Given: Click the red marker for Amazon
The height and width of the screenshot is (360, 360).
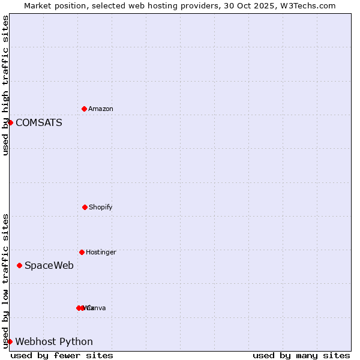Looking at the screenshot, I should point(84,109).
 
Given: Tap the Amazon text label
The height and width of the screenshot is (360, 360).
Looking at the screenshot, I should point(101,109).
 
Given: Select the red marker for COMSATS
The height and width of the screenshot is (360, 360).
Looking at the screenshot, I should point(10,122).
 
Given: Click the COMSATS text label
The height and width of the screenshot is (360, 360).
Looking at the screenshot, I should point(38,123).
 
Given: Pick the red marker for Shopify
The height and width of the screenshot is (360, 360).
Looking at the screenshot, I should point(85,207).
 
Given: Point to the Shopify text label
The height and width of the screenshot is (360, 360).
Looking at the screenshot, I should point(101,208).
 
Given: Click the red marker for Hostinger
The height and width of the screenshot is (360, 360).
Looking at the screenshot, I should point(82,252).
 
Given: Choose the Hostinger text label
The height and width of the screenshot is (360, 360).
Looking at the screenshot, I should point(101,253).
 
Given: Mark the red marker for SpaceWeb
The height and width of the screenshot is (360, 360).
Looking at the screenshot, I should point(19,265).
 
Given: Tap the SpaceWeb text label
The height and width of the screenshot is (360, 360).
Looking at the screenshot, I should point(49,266).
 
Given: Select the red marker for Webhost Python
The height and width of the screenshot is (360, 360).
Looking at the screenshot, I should point(10,341).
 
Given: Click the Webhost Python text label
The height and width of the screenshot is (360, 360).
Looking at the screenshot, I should point(54,342).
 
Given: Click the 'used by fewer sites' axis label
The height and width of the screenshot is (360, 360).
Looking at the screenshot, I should point(62,355).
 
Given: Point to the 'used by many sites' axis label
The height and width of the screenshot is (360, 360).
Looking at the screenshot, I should point(301,355).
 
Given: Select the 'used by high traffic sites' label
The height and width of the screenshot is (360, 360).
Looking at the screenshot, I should point(5,85).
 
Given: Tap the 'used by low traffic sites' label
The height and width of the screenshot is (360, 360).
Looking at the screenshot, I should point(5,281).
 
